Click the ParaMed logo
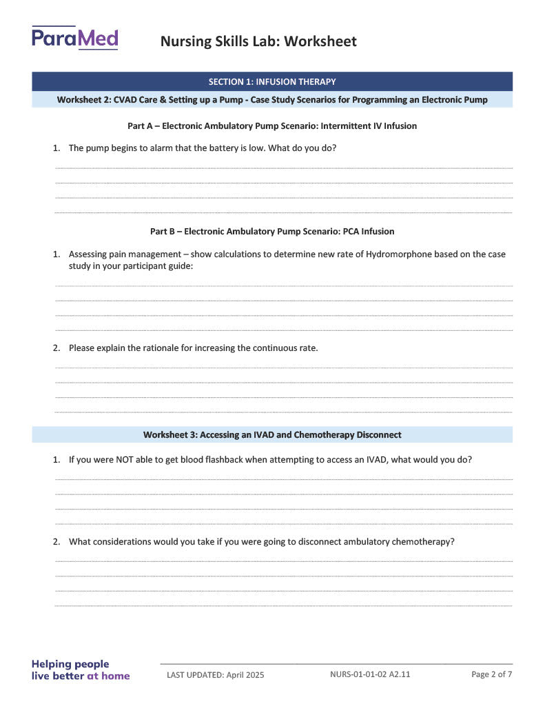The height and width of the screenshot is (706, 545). pos(74,38)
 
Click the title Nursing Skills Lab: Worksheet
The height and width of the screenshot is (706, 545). pos(258,41)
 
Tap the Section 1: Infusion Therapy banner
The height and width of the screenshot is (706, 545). pos(272,81)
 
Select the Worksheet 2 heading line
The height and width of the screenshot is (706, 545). pos(272,100)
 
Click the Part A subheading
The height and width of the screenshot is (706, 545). pos(272,126)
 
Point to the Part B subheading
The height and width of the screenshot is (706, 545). pos(272,232)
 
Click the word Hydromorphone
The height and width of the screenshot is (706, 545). pos(399,254)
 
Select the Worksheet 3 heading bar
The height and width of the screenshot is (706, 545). pos(272,435)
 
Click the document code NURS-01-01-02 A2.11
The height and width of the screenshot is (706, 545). pos(370,674)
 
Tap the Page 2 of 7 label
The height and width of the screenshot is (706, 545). pos(491,674)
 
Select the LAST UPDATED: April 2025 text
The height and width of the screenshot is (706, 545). pos(215,675)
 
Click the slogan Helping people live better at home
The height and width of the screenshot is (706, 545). pos(81,670)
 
